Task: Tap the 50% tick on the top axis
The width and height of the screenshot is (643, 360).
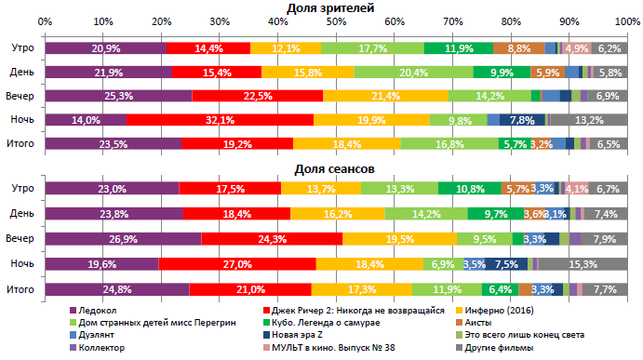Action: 335,20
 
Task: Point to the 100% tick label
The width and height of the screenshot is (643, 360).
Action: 625,20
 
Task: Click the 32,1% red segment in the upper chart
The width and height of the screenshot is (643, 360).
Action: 220,119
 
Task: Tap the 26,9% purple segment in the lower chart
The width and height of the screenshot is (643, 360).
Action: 122,238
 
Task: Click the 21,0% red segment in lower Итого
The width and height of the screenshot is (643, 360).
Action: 249,288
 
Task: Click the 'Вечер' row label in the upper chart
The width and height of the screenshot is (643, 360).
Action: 21,95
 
